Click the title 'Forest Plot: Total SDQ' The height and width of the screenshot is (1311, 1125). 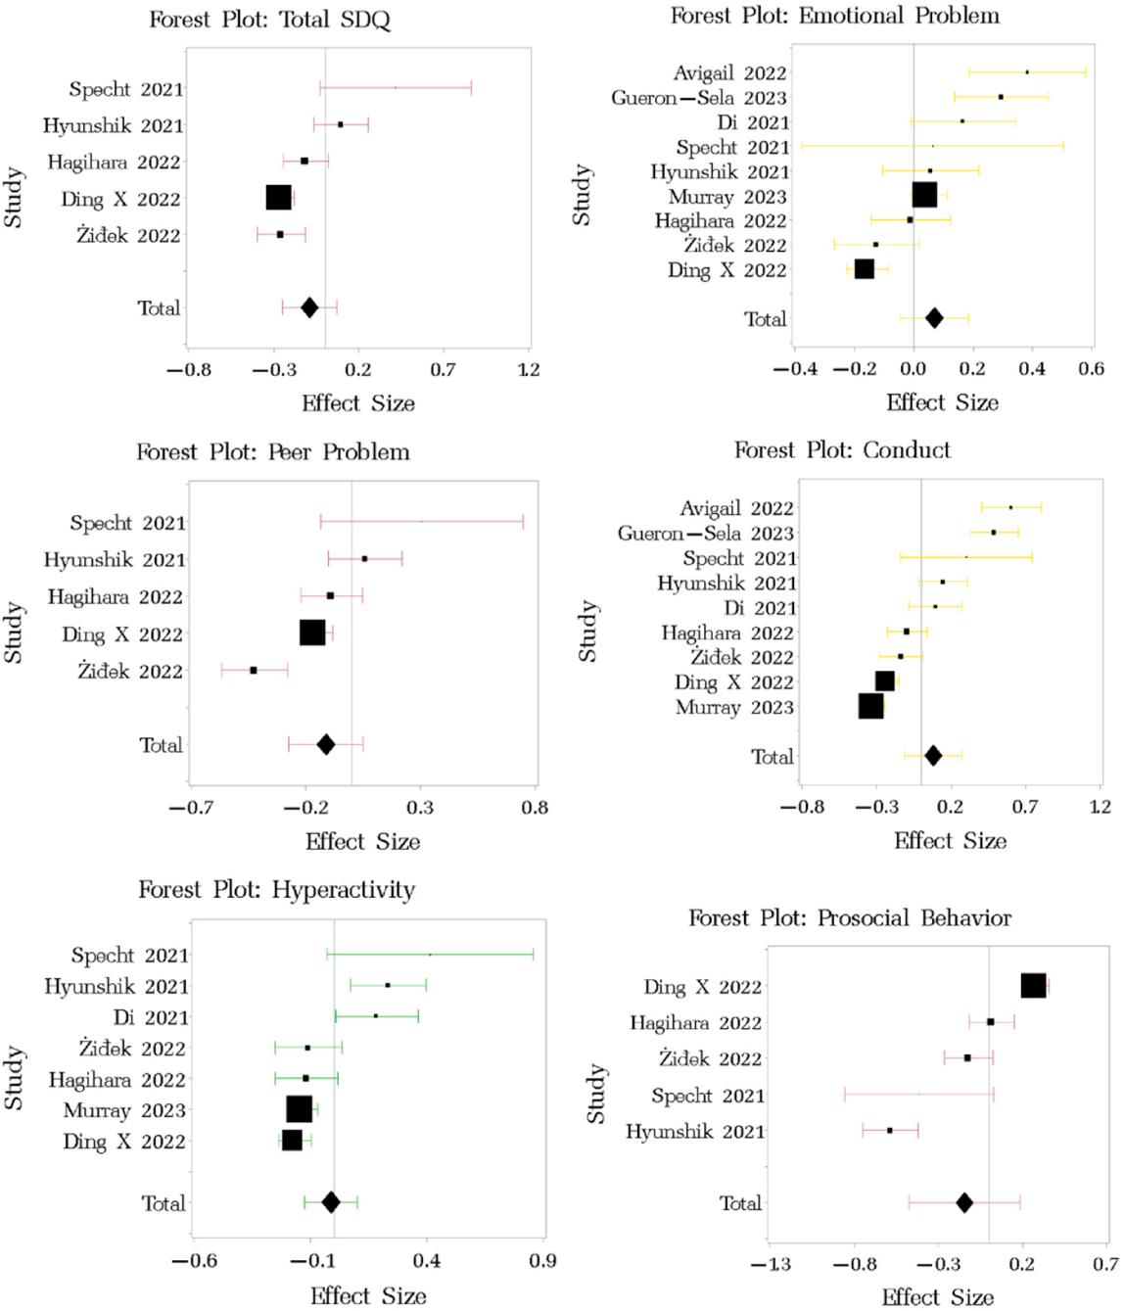tap(269, 20)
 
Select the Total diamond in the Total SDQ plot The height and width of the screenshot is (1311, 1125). tap(309, 307)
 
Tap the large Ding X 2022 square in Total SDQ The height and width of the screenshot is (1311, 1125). tap(278, 198)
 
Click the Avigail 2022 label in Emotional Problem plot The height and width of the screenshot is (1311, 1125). tap(729, 72)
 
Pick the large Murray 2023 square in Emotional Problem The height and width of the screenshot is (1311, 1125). tap(924, 195)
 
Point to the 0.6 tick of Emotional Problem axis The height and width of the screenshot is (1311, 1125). tap(1091, 369)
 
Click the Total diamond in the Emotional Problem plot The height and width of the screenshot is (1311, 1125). tap(934, 318)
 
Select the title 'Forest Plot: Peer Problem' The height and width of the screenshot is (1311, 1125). tap(272, 452)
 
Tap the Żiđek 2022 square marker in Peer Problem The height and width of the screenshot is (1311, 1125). tap(254, 671)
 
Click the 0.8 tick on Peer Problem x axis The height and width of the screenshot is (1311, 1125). tap(535, 808)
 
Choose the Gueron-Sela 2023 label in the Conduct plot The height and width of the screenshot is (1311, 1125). tap(705, 534)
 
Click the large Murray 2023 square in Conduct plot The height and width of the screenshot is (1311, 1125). tap(870, 706)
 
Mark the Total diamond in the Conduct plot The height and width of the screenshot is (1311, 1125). tap(933, 756)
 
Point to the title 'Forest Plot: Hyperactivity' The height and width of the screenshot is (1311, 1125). tap(276, 890)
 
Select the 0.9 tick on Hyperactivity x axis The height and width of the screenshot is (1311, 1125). tap(542, 1261)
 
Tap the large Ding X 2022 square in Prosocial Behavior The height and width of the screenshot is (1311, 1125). tap(1033, 986)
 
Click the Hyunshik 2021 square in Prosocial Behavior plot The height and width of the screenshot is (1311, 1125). tap(890, 1131)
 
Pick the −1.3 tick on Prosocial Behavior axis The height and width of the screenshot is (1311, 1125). tap(771, 1265)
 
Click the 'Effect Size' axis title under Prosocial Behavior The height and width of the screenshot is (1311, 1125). tap(937, 1297)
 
